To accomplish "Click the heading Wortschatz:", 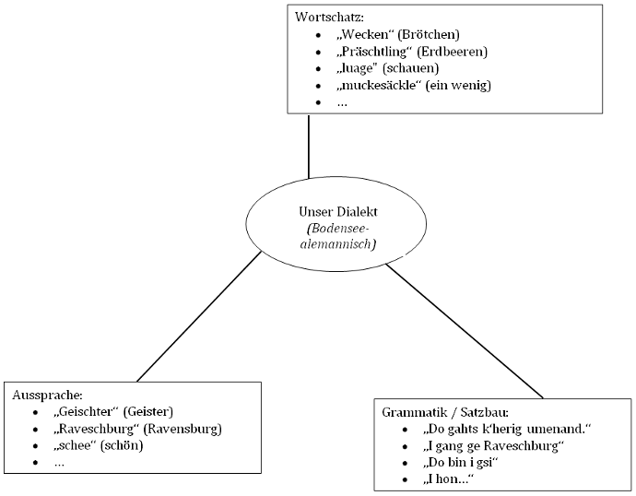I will tap(328, 18).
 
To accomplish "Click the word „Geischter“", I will tap(87, 411).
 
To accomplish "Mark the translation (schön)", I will tap(121, 446).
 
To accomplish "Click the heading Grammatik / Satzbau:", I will tap(444, 412).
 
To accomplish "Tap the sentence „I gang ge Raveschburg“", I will tap(492, 447).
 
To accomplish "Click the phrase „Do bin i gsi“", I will tap(459, 464).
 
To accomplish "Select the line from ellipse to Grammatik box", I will tap(465, 332).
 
